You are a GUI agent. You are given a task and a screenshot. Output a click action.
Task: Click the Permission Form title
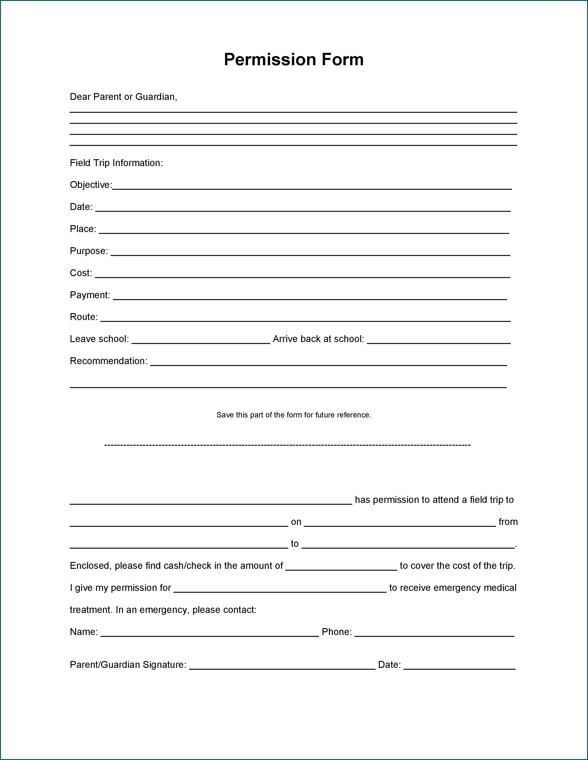coord(293,59)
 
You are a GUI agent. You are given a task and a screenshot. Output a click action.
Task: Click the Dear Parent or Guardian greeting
coord(123,97)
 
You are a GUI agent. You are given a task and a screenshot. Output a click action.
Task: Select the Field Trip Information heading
coord(116,163)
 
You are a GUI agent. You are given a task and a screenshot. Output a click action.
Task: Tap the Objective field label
coord(91,185)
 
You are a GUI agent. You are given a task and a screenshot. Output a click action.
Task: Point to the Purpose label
coord(89,251)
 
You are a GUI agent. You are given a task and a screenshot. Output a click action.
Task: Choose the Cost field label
coord(81,273)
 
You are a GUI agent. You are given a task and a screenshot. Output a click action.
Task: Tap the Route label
coord(83,317)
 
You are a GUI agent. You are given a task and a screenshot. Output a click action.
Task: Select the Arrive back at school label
coord(318,339)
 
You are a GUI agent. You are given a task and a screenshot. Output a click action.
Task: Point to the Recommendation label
coord(109,361)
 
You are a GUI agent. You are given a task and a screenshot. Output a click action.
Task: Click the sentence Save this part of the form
coord(293,415)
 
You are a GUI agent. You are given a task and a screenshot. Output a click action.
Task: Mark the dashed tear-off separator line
coord(287,445)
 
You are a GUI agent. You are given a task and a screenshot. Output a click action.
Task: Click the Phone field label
coord(336,632)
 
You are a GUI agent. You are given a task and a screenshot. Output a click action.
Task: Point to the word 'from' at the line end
coord(508,522)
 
